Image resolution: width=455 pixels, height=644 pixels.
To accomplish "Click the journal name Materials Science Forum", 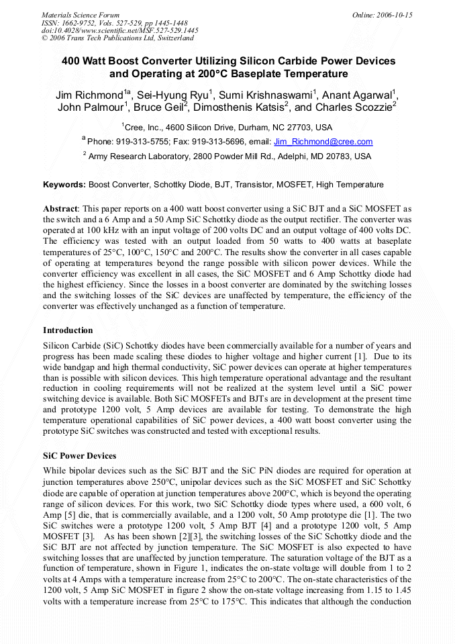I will pyautogui.click(x=81, y=15).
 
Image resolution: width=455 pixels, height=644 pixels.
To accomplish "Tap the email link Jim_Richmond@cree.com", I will pyautogui.click(x=323, y=142).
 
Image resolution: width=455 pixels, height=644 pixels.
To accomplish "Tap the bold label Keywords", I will pyautogui.click(x=64, y=184).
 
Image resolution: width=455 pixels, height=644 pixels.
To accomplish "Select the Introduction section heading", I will pyautogui.click(x=68, y=330).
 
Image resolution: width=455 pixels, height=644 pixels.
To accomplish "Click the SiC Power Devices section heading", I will pyautogui.click(x=79, y=456).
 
